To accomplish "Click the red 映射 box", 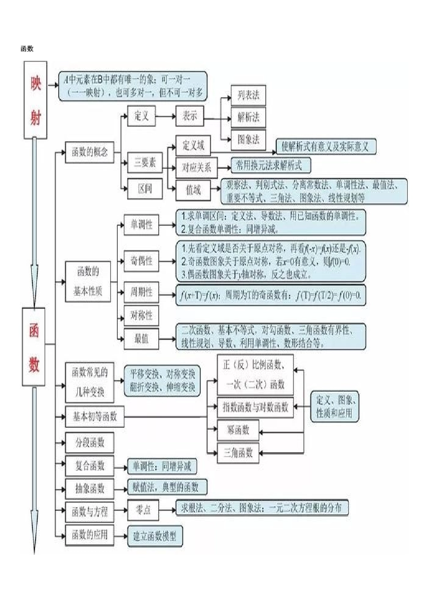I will [35, 100].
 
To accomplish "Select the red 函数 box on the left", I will [34, 346].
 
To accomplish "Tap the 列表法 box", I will [248, 96].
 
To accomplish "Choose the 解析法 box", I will [248, 117].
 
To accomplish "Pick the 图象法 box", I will [248, 140].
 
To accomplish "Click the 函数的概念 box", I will [90, 152].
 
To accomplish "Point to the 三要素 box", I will [145, 163].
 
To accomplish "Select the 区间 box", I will [145, 189].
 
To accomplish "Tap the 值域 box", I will [193, 190].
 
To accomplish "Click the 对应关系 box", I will [196, 168].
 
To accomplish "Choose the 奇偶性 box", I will [141, 261].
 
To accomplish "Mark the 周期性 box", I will [141, 292].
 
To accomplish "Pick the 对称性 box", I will [141, 315].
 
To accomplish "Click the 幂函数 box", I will [238, 430].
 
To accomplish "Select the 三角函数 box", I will [238, 453].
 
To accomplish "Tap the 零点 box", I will [143, 510].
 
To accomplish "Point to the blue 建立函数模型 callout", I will [155, 536].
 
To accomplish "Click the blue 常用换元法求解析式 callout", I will [270, 166].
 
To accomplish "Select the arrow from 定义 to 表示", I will [165, 116].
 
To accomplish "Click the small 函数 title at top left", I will [27, 48].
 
